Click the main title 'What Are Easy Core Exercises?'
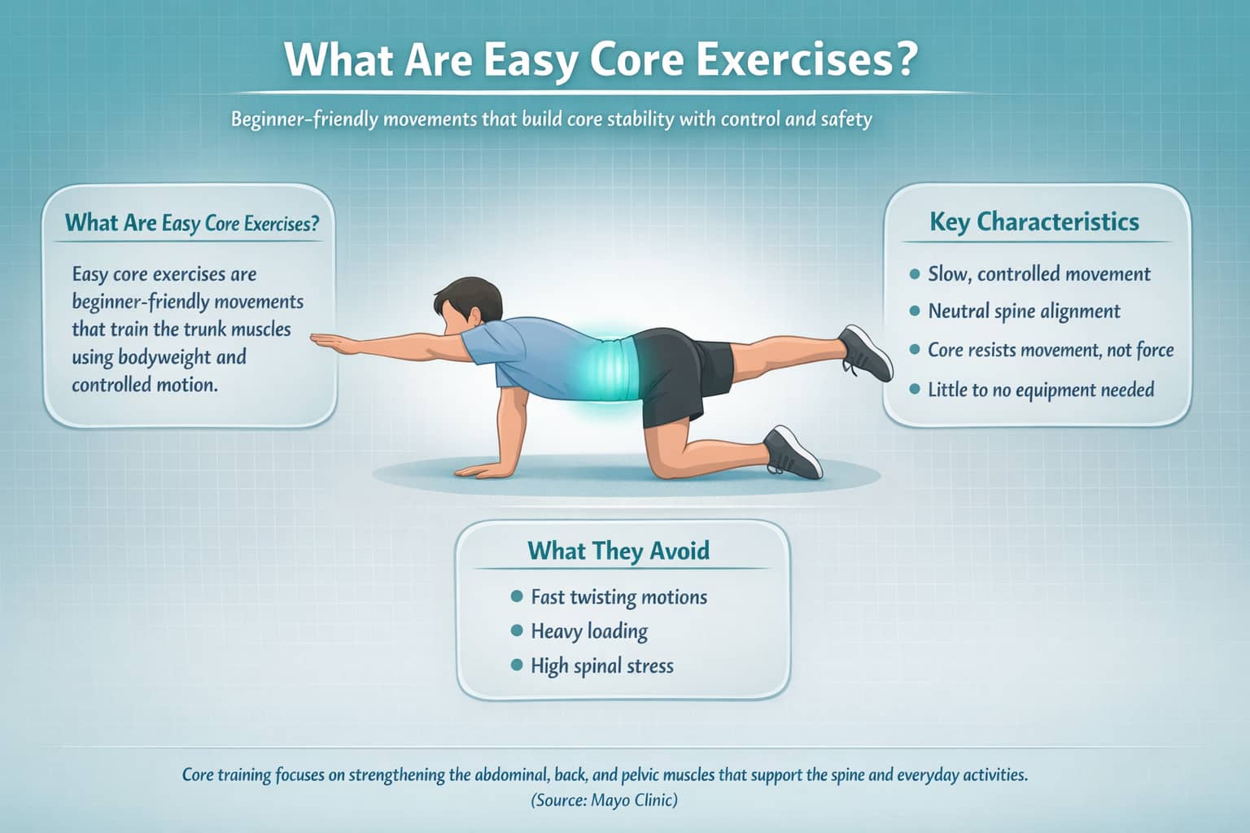click(x=601, y=59)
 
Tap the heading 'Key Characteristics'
click(x=1034, y=221)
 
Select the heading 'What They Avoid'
click(x=618, y=551)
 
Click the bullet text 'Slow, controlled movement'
click(x=1039, y=274)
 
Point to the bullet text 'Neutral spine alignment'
click(x=1024, y=312)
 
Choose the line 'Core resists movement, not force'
click(x=1051, y=351)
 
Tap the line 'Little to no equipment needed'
click(x=1041, y=390)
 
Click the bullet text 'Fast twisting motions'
click(x=618, y=597)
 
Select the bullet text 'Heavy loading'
click(x=589, y=631)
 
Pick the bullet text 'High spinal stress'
click(x=602, y=666)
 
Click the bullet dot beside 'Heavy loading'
click(x=516, y=630)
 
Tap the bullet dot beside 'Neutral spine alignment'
click(x=915, y=311)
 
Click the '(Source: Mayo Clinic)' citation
click(x=604, y=800)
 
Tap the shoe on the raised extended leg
click(x=868, y=353)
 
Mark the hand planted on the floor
click(x=480, y=470)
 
